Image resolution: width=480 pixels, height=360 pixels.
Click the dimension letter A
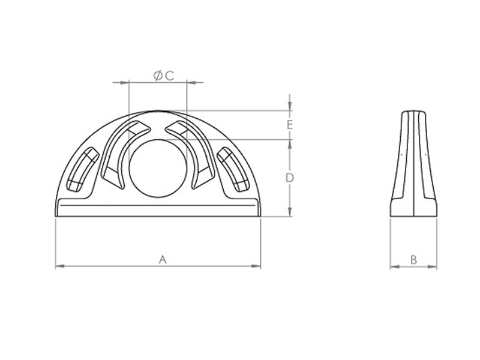(163, 260)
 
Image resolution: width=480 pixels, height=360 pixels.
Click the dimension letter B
(413, 260)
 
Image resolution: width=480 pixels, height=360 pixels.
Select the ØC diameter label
(164, 76)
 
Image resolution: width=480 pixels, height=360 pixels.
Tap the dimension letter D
(290, 178)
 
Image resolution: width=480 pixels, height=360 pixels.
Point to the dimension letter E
(290, 125)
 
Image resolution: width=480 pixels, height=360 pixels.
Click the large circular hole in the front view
(158, 168)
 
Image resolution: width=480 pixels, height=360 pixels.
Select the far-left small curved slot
(82, 169)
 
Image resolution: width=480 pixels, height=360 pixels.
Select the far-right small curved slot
(233, 169)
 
